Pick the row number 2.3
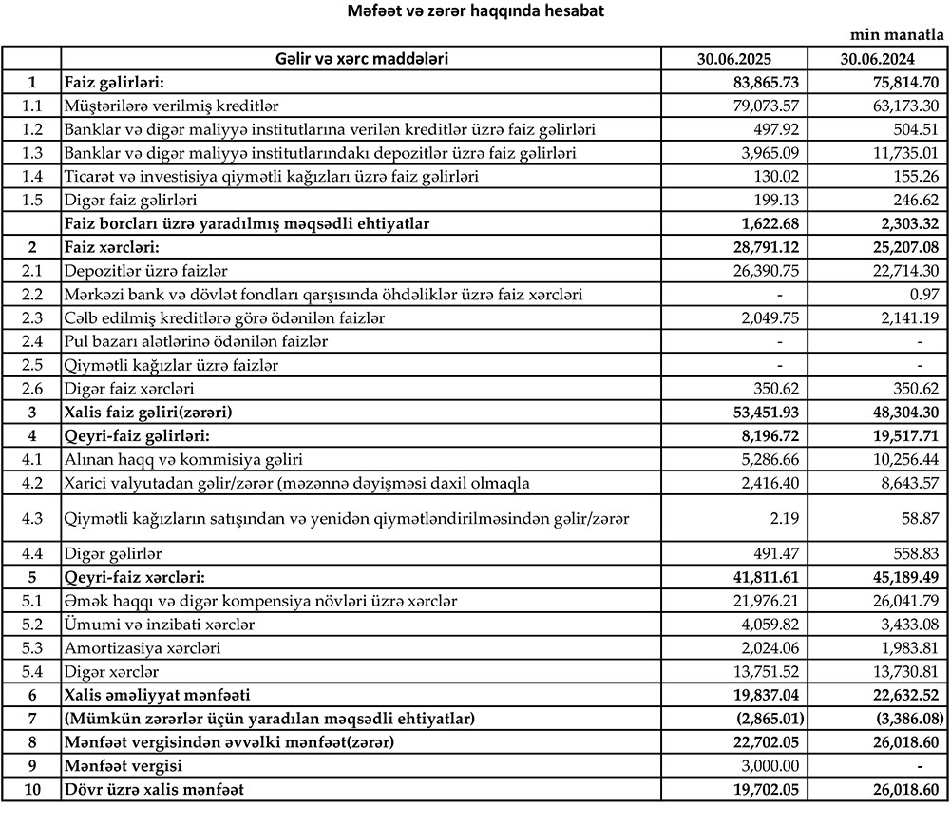click(31, 317)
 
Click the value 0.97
click(923, 295)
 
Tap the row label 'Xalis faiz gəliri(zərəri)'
click(150, 413)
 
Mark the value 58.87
click(920, 517)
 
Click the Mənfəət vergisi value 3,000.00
click(767, 765)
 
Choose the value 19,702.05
click(762, 789)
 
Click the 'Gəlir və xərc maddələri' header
click(361, 59)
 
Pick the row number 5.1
click(31, 601)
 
